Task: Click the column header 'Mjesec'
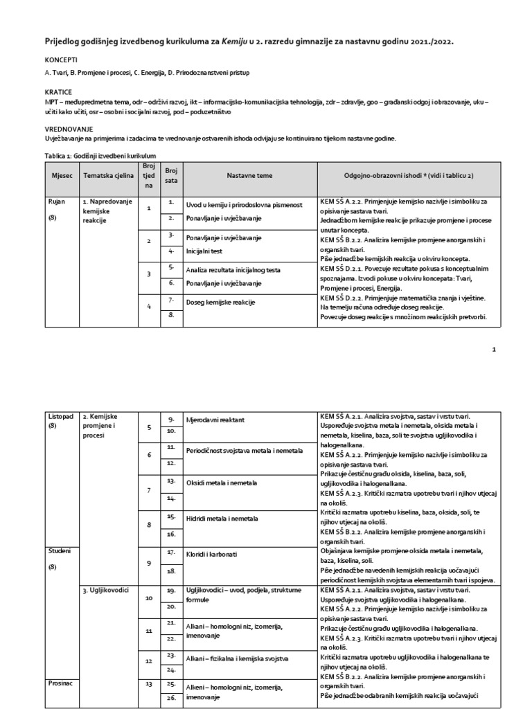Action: point(57,176)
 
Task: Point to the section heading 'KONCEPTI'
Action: point(60,60)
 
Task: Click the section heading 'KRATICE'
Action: point(58,91)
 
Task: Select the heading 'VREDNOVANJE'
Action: point(68,129)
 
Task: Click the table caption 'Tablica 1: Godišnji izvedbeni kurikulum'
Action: point(100,156)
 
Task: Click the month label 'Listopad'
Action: point(60,416)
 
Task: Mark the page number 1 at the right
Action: point(494,350)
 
